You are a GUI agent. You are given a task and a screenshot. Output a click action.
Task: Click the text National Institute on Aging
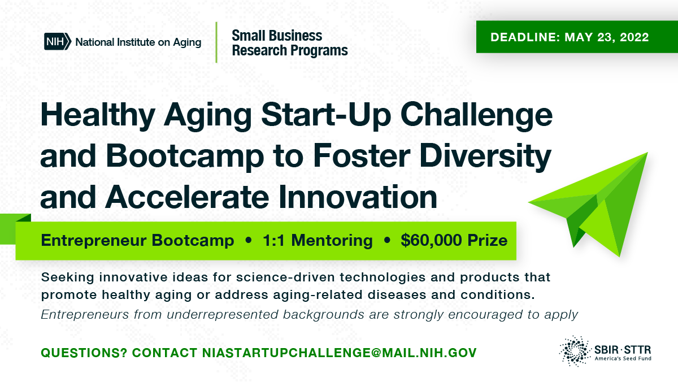(x=138, y=42)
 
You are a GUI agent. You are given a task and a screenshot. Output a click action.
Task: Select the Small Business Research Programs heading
(x=289, y=44)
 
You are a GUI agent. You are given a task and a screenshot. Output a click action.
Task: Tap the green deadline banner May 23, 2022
(x=570, y=37)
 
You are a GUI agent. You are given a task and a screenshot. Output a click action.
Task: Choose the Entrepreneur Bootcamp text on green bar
(x=137, y=241)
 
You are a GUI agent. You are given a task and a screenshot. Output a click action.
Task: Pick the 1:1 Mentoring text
(x=318, y=241)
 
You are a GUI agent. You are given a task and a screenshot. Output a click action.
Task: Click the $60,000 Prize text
(x=454, y=241)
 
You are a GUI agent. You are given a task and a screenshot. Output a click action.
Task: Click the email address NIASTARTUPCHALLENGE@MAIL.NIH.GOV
(x=339, y=353)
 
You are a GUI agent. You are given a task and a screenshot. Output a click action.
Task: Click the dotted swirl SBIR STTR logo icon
(x=575, y=350)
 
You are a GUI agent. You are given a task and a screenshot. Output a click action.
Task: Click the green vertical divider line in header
(x=216, y=42)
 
